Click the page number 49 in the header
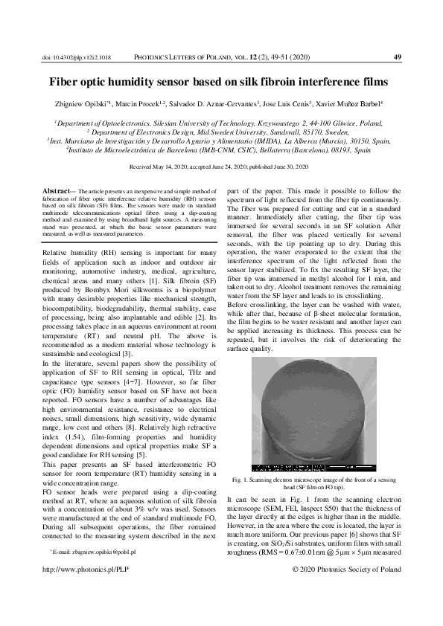pyautogui.click(x=397, y=57)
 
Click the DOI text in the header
pyautogui.click(x=77, y=57)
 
